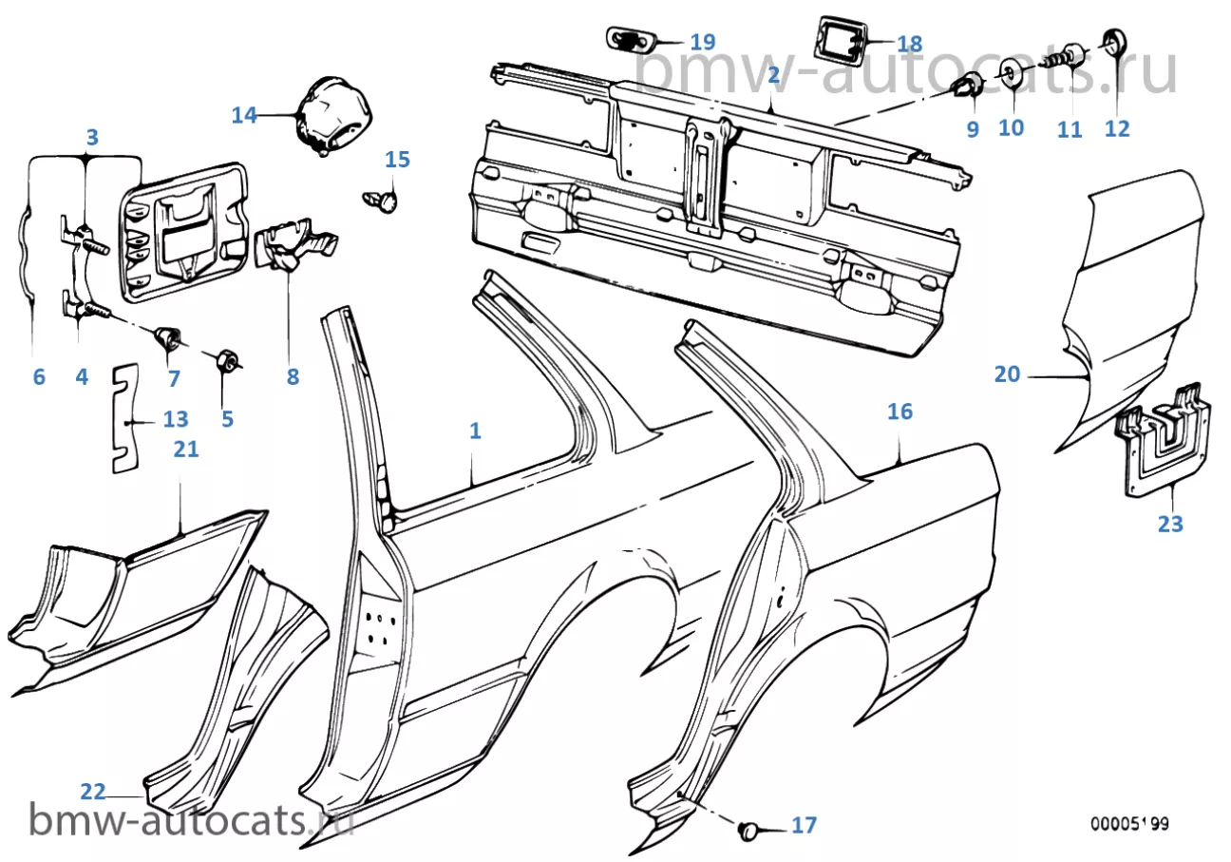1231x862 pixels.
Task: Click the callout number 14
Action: (244, 115)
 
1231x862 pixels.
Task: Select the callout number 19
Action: (702, 42)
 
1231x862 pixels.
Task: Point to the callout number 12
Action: (1118, 127)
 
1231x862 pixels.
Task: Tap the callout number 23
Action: (1170, 523)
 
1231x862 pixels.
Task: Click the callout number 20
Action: (1007, 374)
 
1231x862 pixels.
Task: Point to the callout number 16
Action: (900, 412)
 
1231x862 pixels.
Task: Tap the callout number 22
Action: (92, 791)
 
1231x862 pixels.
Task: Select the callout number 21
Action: (186, 449)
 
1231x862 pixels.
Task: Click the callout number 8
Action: (292, 377)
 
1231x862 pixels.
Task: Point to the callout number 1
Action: (475, 431)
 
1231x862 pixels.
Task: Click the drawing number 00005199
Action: (1129, 824)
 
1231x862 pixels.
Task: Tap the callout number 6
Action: (38, 377)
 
